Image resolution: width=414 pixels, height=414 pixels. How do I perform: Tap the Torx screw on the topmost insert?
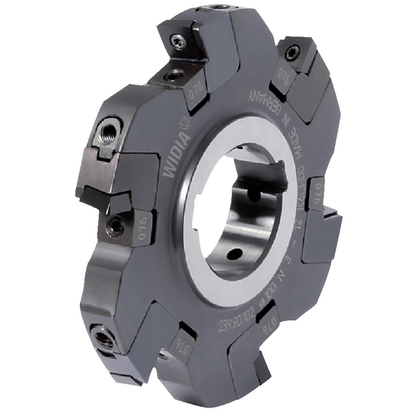coord(178,41)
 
